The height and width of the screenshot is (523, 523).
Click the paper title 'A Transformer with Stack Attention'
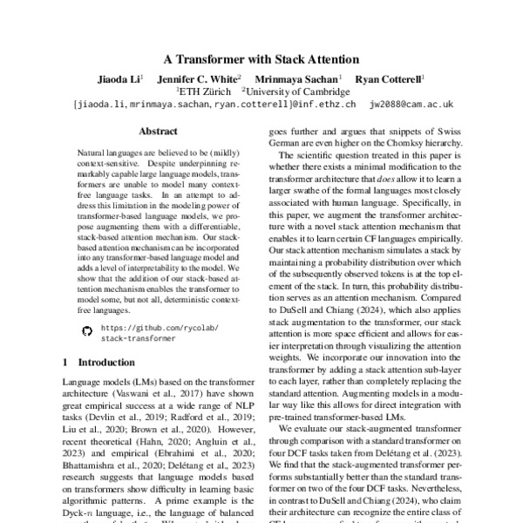261,60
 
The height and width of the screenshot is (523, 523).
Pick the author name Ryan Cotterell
390,78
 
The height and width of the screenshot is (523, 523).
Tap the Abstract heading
158,131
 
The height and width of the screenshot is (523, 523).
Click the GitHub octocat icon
85,331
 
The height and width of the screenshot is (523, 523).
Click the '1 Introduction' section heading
98,361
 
